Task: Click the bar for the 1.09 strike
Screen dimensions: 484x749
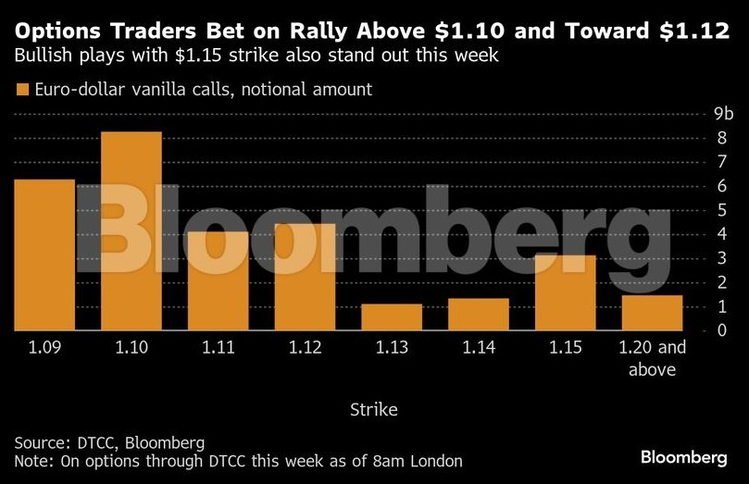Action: [44, 254]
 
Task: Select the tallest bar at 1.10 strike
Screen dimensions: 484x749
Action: [131, 230]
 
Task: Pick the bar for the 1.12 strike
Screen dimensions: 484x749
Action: [305, 277]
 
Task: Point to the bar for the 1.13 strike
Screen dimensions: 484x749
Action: [392, 316]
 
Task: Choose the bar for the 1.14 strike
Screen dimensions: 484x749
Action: [479, 314]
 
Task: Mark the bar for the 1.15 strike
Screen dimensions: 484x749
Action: [565, 292]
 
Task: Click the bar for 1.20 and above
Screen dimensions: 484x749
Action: [652, 312]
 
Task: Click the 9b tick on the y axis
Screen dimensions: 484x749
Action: [723, 114]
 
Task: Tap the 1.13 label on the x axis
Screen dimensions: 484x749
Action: [392, 350]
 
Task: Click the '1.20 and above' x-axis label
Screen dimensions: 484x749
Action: [652, 359]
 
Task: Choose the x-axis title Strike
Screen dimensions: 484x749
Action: [374, 407]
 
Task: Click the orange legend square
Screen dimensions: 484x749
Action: [21, 90]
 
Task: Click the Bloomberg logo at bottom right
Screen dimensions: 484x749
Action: [683, 457]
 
